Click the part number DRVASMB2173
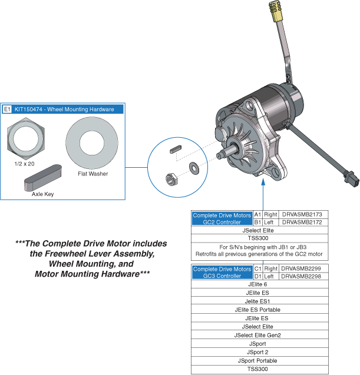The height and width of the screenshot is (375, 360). tap(302, 214)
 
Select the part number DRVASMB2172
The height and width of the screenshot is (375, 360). tap(302, 222)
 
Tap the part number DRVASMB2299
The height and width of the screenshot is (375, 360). tap(301, 268)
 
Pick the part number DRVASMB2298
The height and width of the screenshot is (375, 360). tap(301, 276)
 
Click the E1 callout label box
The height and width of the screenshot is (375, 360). tap(7, 109)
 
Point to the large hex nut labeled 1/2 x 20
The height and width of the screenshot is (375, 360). tap(26, 139)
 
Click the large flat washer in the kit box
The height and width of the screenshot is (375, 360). tap(92, 143)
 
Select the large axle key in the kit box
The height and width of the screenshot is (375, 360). tap(43, 178)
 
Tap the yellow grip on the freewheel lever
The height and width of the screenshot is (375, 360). tap(275, 11)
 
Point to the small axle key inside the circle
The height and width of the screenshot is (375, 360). tap(176, 150)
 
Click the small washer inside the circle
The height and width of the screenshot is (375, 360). tap(194, 168)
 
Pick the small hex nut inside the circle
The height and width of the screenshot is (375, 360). tap(171, 179)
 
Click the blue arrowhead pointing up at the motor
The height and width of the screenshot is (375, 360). tap(263, 182)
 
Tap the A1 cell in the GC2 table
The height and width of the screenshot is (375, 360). tap(258, 214)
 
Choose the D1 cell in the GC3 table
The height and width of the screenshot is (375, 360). tap(258, 276)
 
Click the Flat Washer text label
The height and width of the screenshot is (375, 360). tap(93, 174)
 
